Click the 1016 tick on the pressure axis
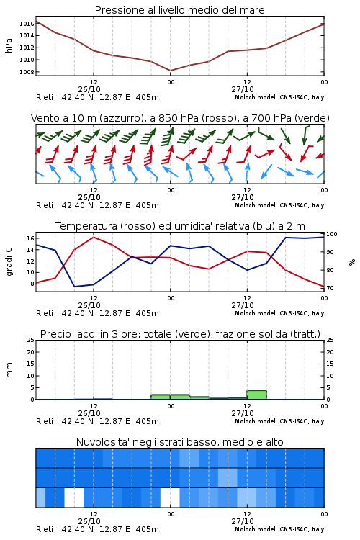(26, 24)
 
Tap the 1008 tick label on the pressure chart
(26, 72)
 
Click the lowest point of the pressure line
(170, 71)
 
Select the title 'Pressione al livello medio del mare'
(180, 10)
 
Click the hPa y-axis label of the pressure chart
(9, 45)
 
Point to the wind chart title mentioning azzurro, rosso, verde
(180, 118)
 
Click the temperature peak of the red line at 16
(94, 237)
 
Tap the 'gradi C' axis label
(9, 261)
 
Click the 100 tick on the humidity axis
(332, 234)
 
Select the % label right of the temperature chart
(352, 262)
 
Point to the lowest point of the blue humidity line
(74, 287)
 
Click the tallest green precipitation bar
(256, 395)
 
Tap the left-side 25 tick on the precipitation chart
(30, 340)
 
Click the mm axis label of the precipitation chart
(9, 370)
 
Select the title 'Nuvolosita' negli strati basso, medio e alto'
(180, 442)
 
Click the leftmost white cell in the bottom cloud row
(74, 498)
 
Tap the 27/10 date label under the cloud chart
(243, 521)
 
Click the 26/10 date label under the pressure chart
(89, 89)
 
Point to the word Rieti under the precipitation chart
(45, 421)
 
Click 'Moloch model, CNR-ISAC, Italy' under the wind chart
(279, 205)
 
